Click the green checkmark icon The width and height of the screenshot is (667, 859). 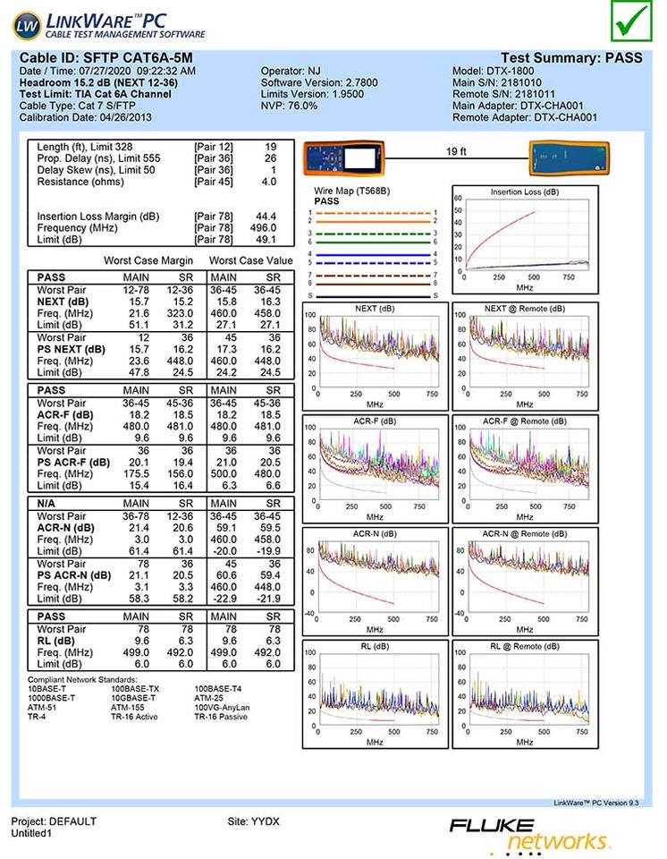[633, 21]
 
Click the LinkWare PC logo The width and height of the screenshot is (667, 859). [112, 24]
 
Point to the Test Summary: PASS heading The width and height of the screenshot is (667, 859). [571, 58]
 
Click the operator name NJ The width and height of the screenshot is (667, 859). [316, 71]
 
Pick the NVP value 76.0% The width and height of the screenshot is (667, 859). [302, 106]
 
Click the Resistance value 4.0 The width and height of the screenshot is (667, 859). [268, 182]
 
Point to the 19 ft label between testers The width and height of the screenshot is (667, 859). [457, 152]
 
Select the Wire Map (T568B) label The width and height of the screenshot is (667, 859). [352, 191]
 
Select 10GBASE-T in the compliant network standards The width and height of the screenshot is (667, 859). [133, 698]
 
